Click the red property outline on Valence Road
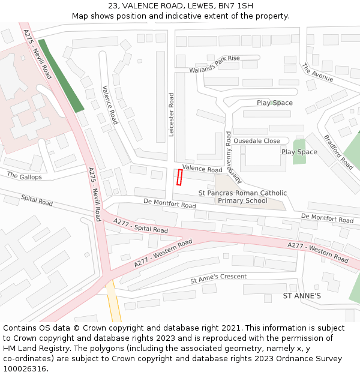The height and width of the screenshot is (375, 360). click(179, 177)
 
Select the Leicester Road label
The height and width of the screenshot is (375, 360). click(171, 115)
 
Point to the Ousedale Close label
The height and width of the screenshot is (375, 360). click(256, 141)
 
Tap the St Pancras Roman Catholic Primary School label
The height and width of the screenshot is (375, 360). click(242, 197)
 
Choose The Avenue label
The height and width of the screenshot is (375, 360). click(317, 73)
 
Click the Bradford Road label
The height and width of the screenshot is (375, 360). click(338, 151)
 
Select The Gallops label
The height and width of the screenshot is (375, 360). click(25, 176)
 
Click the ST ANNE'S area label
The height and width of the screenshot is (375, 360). click(302, 296)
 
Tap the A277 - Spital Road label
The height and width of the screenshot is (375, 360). click(141, 226)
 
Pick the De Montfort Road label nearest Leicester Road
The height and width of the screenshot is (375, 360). click(170, 204)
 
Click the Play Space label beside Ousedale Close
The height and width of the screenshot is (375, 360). click(299, 152)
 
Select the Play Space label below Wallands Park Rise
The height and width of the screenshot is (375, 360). click(275, 103)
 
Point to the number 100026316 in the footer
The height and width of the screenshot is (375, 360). click(25, 369)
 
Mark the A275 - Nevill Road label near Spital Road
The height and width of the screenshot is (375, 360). click(94, 191)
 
